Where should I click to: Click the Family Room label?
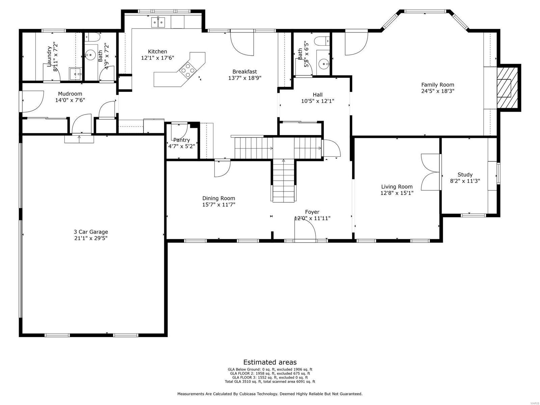[x=437, y=85]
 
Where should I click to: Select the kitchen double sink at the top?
[x=158, y=23]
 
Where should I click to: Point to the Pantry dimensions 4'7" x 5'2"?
[x=182, y=146]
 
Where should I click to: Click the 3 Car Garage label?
[x=91, y=232]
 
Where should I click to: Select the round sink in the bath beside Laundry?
[x=90, y=54]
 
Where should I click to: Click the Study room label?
[x=465, y=174]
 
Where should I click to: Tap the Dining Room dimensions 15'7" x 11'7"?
[x=218, y=205]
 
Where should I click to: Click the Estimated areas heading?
[x=270, y=362]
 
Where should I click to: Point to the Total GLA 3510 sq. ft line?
[x=270, y=382]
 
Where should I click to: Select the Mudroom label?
[x=70, y=94]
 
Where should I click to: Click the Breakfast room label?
[x=244, y=72]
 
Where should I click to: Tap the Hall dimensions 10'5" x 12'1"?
[x=317, y=101]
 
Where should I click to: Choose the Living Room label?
[x=397, y=187]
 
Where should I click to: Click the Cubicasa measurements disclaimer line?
[x=270, y=394]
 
